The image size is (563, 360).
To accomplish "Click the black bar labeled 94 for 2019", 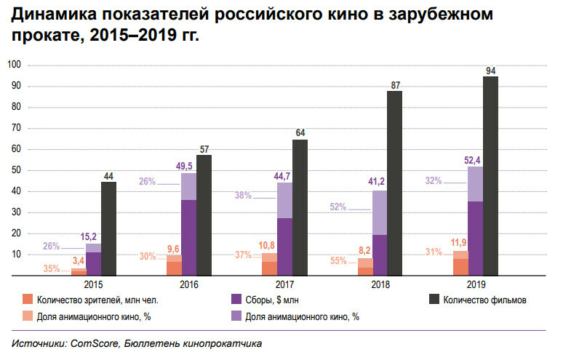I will pyautogui.click(x=490, y=175).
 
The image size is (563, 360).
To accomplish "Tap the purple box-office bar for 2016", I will pyautogui.click(x=189, y=236).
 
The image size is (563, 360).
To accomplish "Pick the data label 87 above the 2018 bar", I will pyautogui.click(x=396, y=85).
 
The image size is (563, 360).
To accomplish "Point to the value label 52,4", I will pyautogui.click(x=474, y=160).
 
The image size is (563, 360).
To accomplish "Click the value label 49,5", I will pyautogui.click(x=188, y=167).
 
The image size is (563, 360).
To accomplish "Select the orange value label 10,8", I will pyautogui.click(x=268, y=247).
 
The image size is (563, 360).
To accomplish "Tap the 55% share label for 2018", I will pyautogui.click(x=338, y=260).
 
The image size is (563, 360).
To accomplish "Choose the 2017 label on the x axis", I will pyautogui.click(x=284, y=284).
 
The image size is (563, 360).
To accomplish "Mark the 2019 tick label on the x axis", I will pyautogui.click(x=476, y=284).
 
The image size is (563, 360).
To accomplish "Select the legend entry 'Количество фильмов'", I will pyautogui.click(x=485, y=299).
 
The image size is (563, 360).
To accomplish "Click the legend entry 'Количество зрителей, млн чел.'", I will pyautogui.click(x=98, y=299).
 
